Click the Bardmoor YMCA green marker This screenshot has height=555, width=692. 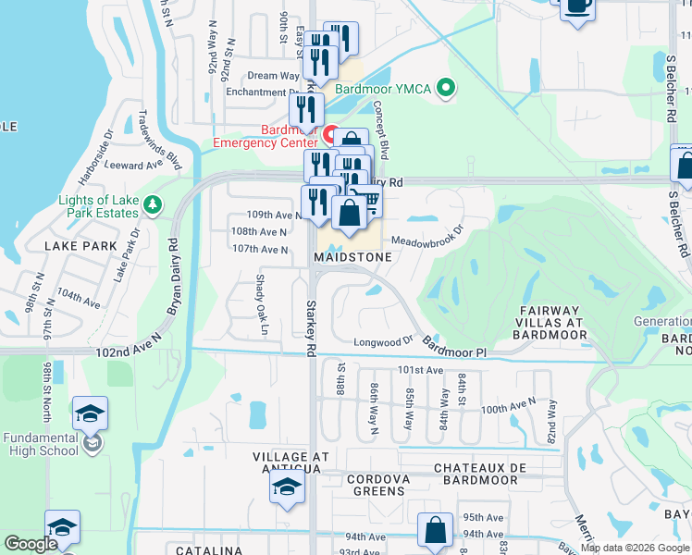pos(446,90)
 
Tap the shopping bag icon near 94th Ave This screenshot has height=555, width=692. pos(435,531)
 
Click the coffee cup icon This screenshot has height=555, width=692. pos(576,7)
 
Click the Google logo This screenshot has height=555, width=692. pos(31,545)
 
